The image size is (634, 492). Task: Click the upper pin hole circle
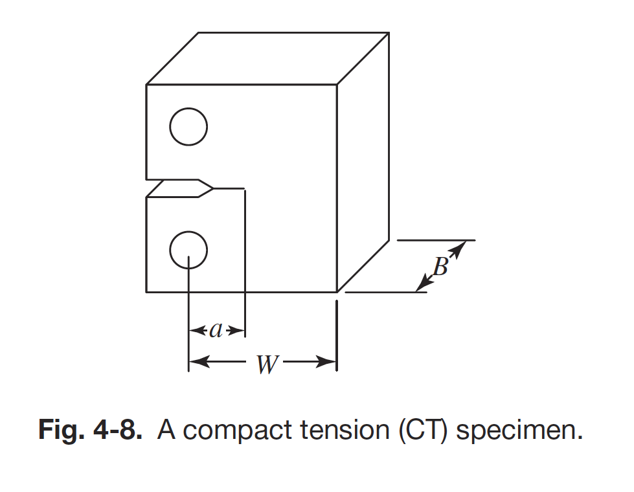188,126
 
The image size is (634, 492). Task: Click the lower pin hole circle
188,250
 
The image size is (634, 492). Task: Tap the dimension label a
216,331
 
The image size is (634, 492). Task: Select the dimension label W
266,364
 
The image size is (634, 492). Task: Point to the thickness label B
440,266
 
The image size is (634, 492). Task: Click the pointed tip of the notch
213,188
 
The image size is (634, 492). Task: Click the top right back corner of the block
389,32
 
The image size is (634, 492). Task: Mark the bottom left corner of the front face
147,292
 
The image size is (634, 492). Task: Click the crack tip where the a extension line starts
244,189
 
